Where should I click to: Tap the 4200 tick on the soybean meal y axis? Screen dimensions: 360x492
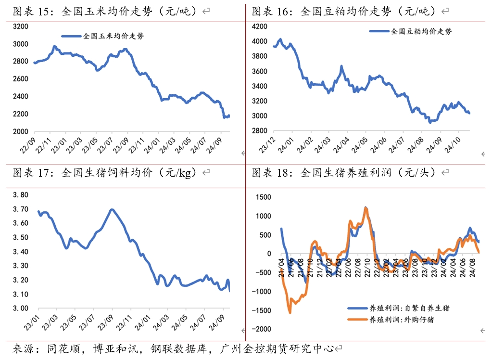click(260, 26)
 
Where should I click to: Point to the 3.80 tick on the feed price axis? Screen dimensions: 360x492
click(21, 195)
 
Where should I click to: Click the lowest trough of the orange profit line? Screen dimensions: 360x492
click(290, 313)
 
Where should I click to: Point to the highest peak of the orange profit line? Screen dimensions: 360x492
click(366, 208)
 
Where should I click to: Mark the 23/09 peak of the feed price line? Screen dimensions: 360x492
click(112, 209)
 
